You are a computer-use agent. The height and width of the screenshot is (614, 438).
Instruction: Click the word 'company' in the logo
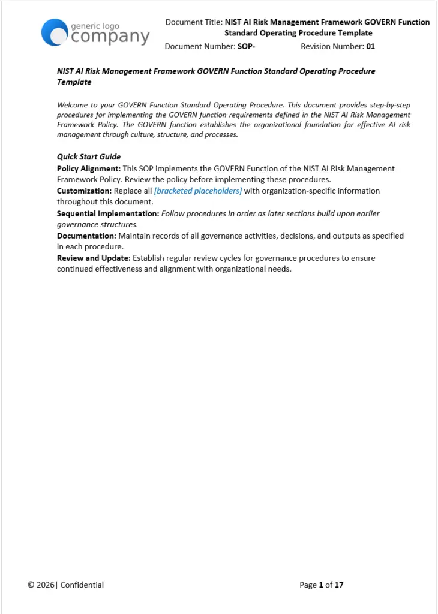tap(110, 37)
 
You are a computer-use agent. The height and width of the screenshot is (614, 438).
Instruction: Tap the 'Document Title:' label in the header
tap(194, 22)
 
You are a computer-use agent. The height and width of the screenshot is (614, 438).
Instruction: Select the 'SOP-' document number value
tap(247, 46)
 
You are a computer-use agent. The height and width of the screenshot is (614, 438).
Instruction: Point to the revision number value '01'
tap(371, 46)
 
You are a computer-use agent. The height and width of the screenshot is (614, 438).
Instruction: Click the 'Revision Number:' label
tap(332, 46)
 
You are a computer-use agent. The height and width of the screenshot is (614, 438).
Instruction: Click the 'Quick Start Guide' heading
tap(89, 157)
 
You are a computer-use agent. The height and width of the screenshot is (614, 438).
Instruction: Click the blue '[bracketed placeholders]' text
tap(198, 191)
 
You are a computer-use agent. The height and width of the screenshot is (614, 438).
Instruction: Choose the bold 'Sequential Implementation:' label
tap(108, 213)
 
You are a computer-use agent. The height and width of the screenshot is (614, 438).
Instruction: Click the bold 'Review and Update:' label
tap(94, 258)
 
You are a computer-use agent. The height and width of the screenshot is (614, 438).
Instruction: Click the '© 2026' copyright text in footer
tap(41, 585)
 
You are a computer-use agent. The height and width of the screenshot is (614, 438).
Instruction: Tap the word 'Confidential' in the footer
tap(82, 585)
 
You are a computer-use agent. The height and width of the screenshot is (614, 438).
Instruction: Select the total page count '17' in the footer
tap(339, 585)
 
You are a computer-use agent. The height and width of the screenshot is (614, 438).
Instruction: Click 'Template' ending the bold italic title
tap(74, 82)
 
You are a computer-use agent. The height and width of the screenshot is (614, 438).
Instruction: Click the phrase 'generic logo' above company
tap(95, 26)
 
